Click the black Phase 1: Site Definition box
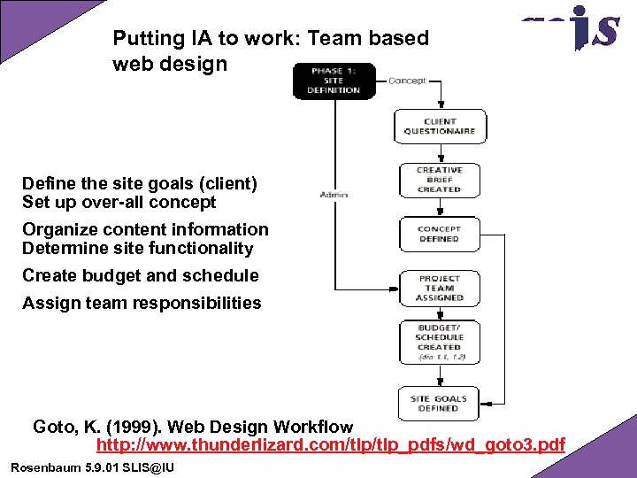point(334,81)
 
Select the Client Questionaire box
point(440,126)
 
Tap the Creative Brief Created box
point(440,180)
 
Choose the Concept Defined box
point(440,234)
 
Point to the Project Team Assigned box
point(440,289)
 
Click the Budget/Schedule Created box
point(440,342)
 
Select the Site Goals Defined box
point(439,404)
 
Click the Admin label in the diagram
point(334,195)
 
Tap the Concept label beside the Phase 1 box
point(407,81)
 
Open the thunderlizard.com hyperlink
point(330,444)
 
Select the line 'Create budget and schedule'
point(141,275)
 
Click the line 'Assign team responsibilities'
point(142,303)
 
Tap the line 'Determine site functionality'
point(137,249)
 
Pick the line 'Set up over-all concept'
point(119,203)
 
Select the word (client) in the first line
point(227,184)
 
